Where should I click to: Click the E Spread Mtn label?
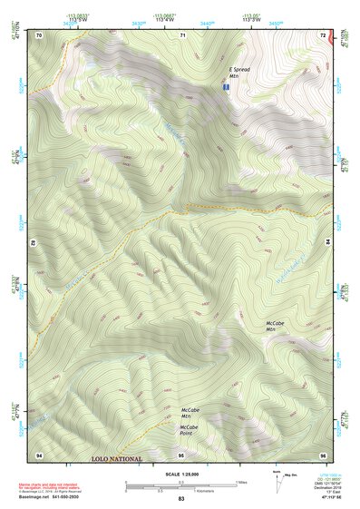[238, 73]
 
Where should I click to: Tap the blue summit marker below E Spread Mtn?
[226, 87]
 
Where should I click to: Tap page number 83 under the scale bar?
[181, 500]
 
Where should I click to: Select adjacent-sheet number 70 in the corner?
[39, 34]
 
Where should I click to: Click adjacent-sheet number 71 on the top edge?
[182, 34]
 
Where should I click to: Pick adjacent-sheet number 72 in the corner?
[323, 34]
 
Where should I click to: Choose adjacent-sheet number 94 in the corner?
[39, 454]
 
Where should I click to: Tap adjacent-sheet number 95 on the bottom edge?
[181, 454]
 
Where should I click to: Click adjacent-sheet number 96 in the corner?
[323, 454]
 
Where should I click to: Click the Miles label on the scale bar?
[241, 482]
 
